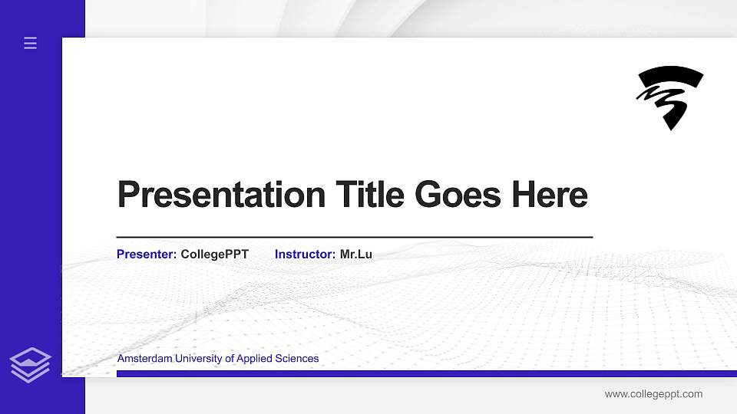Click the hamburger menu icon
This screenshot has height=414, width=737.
pos(30,43)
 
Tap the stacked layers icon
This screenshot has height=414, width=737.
pos(30,364)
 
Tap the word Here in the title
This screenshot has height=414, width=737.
pos(550,195)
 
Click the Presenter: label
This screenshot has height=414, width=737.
pos(147,254)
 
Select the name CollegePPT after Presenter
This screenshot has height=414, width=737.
pos(214,254)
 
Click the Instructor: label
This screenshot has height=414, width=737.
pos(305,254)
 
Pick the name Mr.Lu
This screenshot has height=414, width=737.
pos(356,254)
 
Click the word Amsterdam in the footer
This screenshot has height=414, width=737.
pos(145,359)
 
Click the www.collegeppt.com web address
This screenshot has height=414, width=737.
pos(653,394)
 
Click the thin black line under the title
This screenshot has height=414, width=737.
pos(354,237)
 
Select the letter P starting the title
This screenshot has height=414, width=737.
pos(127,195)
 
